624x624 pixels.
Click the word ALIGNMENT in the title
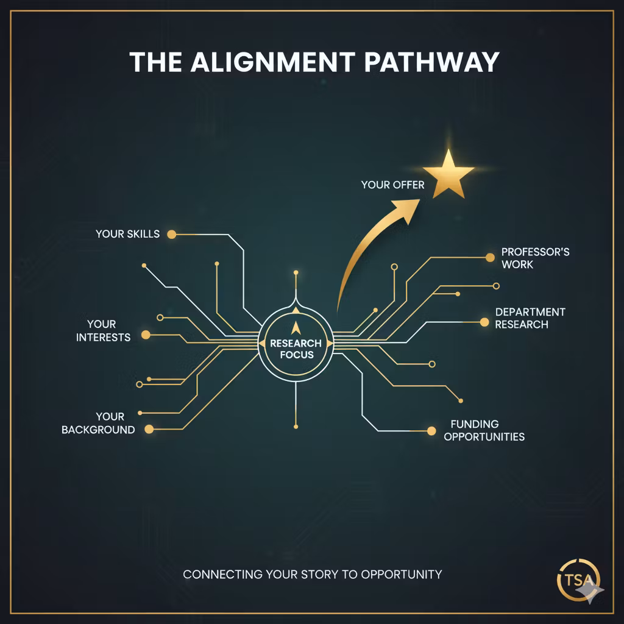273,62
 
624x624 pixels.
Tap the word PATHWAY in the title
432,62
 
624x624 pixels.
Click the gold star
448,174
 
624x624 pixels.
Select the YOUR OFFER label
393,185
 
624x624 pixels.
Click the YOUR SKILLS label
128,234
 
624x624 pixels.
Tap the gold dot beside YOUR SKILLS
171,235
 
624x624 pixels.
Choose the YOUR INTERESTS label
103,331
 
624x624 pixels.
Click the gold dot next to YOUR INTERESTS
146,335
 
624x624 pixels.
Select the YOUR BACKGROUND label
98,423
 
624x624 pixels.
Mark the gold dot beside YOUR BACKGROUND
149,429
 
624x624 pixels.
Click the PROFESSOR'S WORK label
535,258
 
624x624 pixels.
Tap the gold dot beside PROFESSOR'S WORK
491,258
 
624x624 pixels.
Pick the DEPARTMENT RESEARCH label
530,318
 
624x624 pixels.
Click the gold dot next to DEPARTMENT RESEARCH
484,322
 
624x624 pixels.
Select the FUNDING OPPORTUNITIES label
484,430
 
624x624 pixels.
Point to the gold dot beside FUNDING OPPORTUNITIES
431,431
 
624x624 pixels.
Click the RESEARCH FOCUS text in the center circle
296,349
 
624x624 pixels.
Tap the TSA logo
579,580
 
